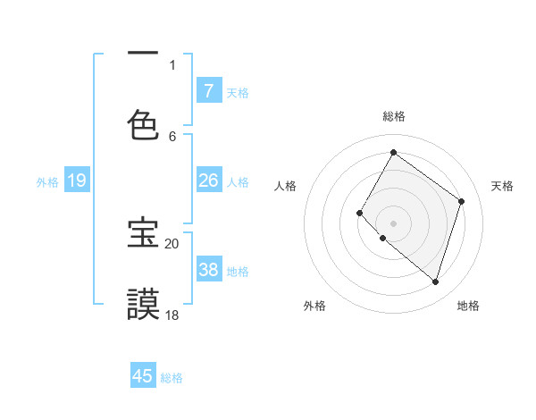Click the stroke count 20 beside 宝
point(172,243)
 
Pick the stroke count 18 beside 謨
point(172,315)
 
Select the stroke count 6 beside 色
point(172,136)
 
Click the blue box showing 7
point(208,90)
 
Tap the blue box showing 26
point(208,181)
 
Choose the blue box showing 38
point(208,270)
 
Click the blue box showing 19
point(77,181)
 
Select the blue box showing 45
point(143,376)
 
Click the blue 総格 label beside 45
point(172,378)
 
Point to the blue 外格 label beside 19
point(47,182)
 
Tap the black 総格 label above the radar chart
point(394,117)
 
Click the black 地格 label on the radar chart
point(468,306)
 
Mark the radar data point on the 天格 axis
point(462,201)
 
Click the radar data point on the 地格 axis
point(435,281)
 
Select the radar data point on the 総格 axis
point(393,153)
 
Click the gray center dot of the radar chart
point(393,223)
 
